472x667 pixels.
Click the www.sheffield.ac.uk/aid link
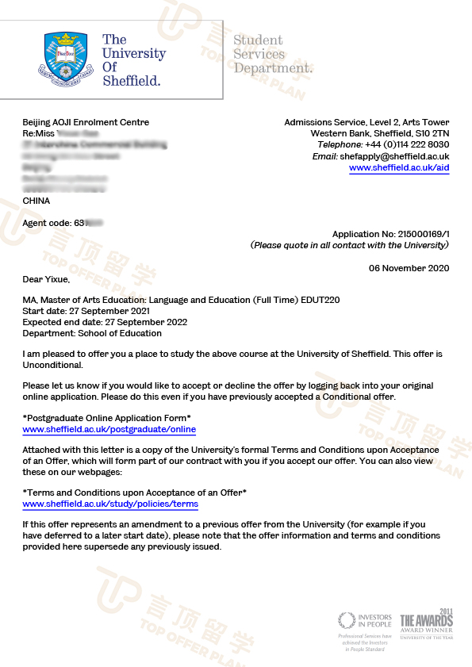pos(399,168)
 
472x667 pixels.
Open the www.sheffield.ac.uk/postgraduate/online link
pos(109,429)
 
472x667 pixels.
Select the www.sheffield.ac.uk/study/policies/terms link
pos(110,504)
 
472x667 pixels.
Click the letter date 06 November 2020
pos(409,268)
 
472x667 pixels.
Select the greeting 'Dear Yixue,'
pos(46,279)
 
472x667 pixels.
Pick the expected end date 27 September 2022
pos(123,322)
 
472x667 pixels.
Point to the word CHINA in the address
pos(36,201)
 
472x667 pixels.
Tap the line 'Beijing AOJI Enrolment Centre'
pos(86,122)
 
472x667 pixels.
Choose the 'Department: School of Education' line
pos(93,333)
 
